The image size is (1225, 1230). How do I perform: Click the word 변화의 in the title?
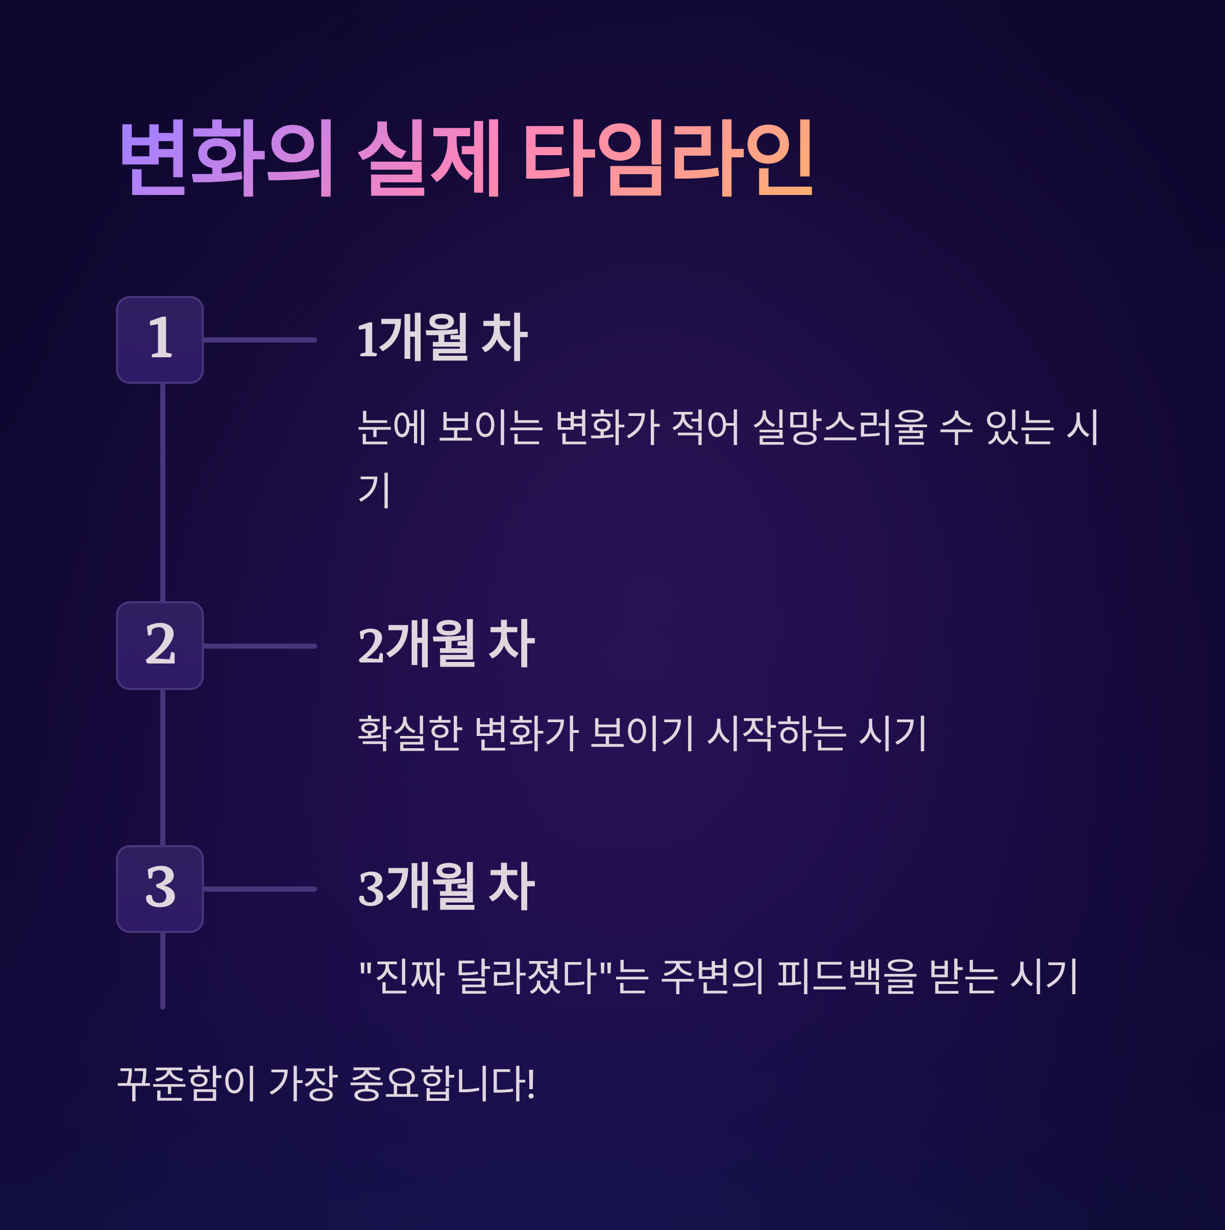226,158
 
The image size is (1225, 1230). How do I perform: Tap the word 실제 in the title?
429,158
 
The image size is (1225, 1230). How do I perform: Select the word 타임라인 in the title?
668,158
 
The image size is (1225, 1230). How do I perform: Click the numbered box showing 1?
160,340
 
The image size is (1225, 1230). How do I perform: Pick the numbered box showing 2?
160,646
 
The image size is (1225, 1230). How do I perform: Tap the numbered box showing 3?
160,889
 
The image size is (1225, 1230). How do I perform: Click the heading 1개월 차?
443,338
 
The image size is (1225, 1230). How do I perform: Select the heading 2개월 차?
446,644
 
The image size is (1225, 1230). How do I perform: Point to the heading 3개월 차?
446,888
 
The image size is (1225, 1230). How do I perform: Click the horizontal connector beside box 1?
260,340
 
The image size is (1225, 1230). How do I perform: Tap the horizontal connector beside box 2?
260,646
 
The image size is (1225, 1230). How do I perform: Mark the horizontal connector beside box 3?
260,889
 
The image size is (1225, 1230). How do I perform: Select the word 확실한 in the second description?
409,733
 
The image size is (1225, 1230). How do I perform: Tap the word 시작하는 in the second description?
777,733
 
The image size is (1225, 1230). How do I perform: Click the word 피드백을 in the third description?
847,976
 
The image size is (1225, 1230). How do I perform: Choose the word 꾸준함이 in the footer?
186,1084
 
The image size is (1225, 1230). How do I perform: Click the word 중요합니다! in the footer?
443,1084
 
